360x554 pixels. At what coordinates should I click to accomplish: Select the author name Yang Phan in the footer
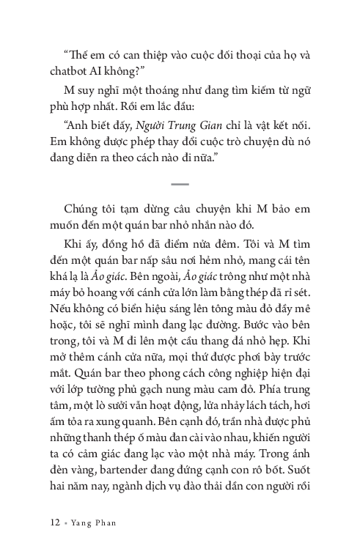(94, 524)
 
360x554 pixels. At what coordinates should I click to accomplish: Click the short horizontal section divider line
(180, 184)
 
